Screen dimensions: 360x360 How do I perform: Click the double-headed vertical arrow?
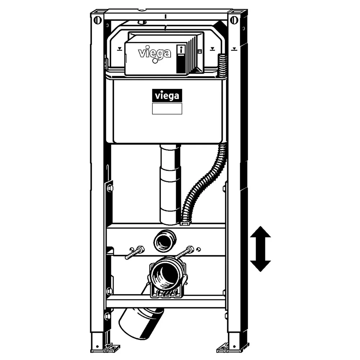260,249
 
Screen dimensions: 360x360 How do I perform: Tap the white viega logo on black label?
167,95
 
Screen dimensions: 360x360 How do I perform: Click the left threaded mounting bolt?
135,253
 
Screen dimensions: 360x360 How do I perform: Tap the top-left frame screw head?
97,20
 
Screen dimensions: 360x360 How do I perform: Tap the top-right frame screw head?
234,20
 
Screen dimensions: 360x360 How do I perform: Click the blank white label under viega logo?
167,108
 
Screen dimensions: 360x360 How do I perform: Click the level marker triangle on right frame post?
234,49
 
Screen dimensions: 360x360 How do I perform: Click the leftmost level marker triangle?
120,49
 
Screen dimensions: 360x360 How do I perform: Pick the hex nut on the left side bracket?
110,188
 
